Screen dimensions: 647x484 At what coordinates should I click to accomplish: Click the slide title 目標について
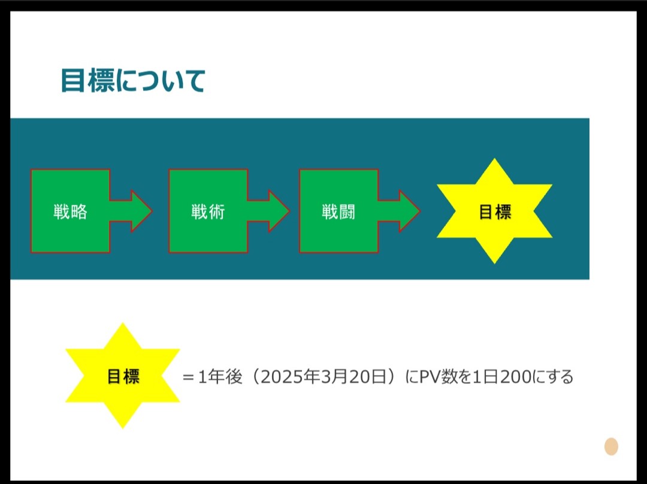coord(133,81)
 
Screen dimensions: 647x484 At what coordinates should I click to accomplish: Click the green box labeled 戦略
coord(70,211)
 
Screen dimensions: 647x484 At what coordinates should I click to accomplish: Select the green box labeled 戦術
coord(208,211)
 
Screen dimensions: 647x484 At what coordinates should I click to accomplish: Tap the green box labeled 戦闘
coord(338,211)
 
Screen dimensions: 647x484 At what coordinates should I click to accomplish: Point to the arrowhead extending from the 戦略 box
coord(141,211)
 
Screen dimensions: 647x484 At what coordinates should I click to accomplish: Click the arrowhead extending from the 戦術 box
coord(278,211)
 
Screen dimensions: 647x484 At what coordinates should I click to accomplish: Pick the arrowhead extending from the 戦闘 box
coord(409,211)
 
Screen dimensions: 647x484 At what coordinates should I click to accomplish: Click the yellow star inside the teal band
coord(494,211)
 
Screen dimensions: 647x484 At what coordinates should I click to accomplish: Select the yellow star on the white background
coord(123,376)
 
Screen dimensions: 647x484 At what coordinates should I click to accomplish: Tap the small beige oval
coord(611,446)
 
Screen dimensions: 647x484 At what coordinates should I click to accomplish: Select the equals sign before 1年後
coord(189,377)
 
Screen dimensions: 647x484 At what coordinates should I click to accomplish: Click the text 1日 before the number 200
coord(486,377)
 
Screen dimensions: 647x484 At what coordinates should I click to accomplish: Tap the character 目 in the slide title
coord(72,81)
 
